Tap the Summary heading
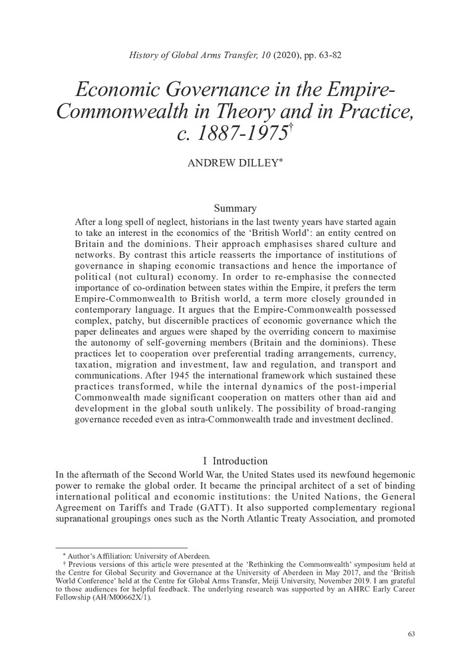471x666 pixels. pyautogui.click(x=236, y=208)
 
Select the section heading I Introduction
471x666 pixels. pyautogui.click(x=235, y=461)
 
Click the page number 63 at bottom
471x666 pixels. pyautogui.click(x=411, y=633)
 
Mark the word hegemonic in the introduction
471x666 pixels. pyautogui.click(x=387, y=474)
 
